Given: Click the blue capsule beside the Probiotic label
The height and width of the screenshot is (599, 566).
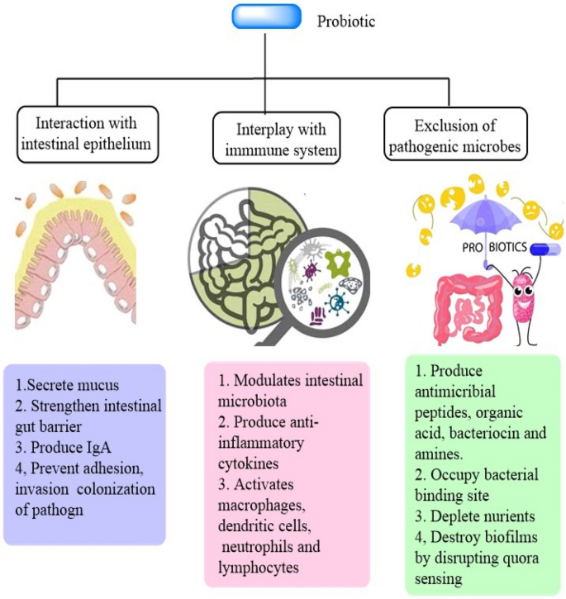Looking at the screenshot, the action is point(267,17).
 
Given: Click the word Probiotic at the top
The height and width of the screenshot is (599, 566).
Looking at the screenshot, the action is point(346,21).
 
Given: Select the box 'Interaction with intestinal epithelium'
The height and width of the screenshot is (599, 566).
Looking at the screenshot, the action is point(88,135).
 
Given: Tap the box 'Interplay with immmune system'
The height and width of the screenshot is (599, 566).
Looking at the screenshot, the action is point(276,138).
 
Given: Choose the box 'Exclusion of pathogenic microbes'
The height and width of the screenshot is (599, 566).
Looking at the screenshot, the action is point(455,134).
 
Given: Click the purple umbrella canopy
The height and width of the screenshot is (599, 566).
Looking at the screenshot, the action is point(485,216).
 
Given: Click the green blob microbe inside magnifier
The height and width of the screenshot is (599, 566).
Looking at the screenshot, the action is point(338,263).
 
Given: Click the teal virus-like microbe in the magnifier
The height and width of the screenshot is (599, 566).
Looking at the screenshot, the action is point(336,302).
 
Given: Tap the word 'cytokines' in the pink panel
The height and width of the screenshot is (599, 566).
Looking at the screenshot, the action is point(249,464).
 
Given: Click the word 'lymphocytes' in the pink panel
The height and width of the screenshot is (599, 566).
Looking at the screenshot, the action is point(259,568).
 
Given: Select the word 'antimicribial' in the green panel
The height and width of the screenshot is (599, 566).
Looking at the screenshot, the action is point(455,392).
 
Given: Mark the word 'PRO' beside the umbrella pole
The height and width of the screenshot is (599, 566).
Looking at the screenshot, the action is point(473,248).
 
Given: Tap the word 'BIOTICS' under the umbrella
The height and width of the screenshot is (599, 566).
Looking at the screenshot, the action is point(508,247).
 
